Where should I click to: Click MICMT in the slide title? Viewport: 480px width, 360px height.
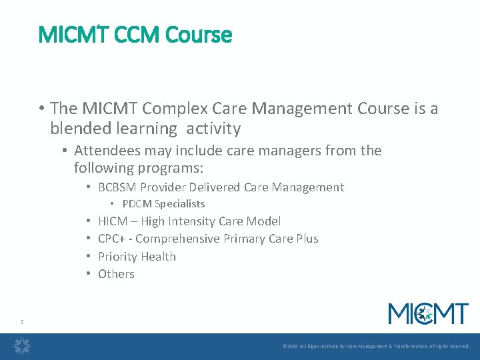[x=71, y=35]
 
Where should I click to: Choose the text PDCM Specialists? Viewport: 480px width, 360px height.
[x=163, y=204]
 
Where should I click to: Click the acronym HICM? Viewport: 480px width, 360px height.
[x=113, y=221]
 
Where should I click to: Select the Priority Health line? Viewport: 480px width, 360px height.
[x=137, y=257]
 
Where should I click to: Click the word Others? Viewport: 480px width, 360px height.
[x=116, y=274]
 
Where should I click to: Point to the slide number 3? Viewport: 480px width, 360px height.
[x=22, y=323]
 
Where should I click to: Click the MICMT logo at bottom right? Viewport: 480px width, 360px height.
[x=428, y=313]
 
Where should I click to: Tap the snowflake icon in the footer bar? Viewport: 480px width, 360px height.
[x=23, y=346]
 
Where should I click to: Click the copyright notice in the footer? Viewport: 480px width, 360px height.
[x=376, y=347]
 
